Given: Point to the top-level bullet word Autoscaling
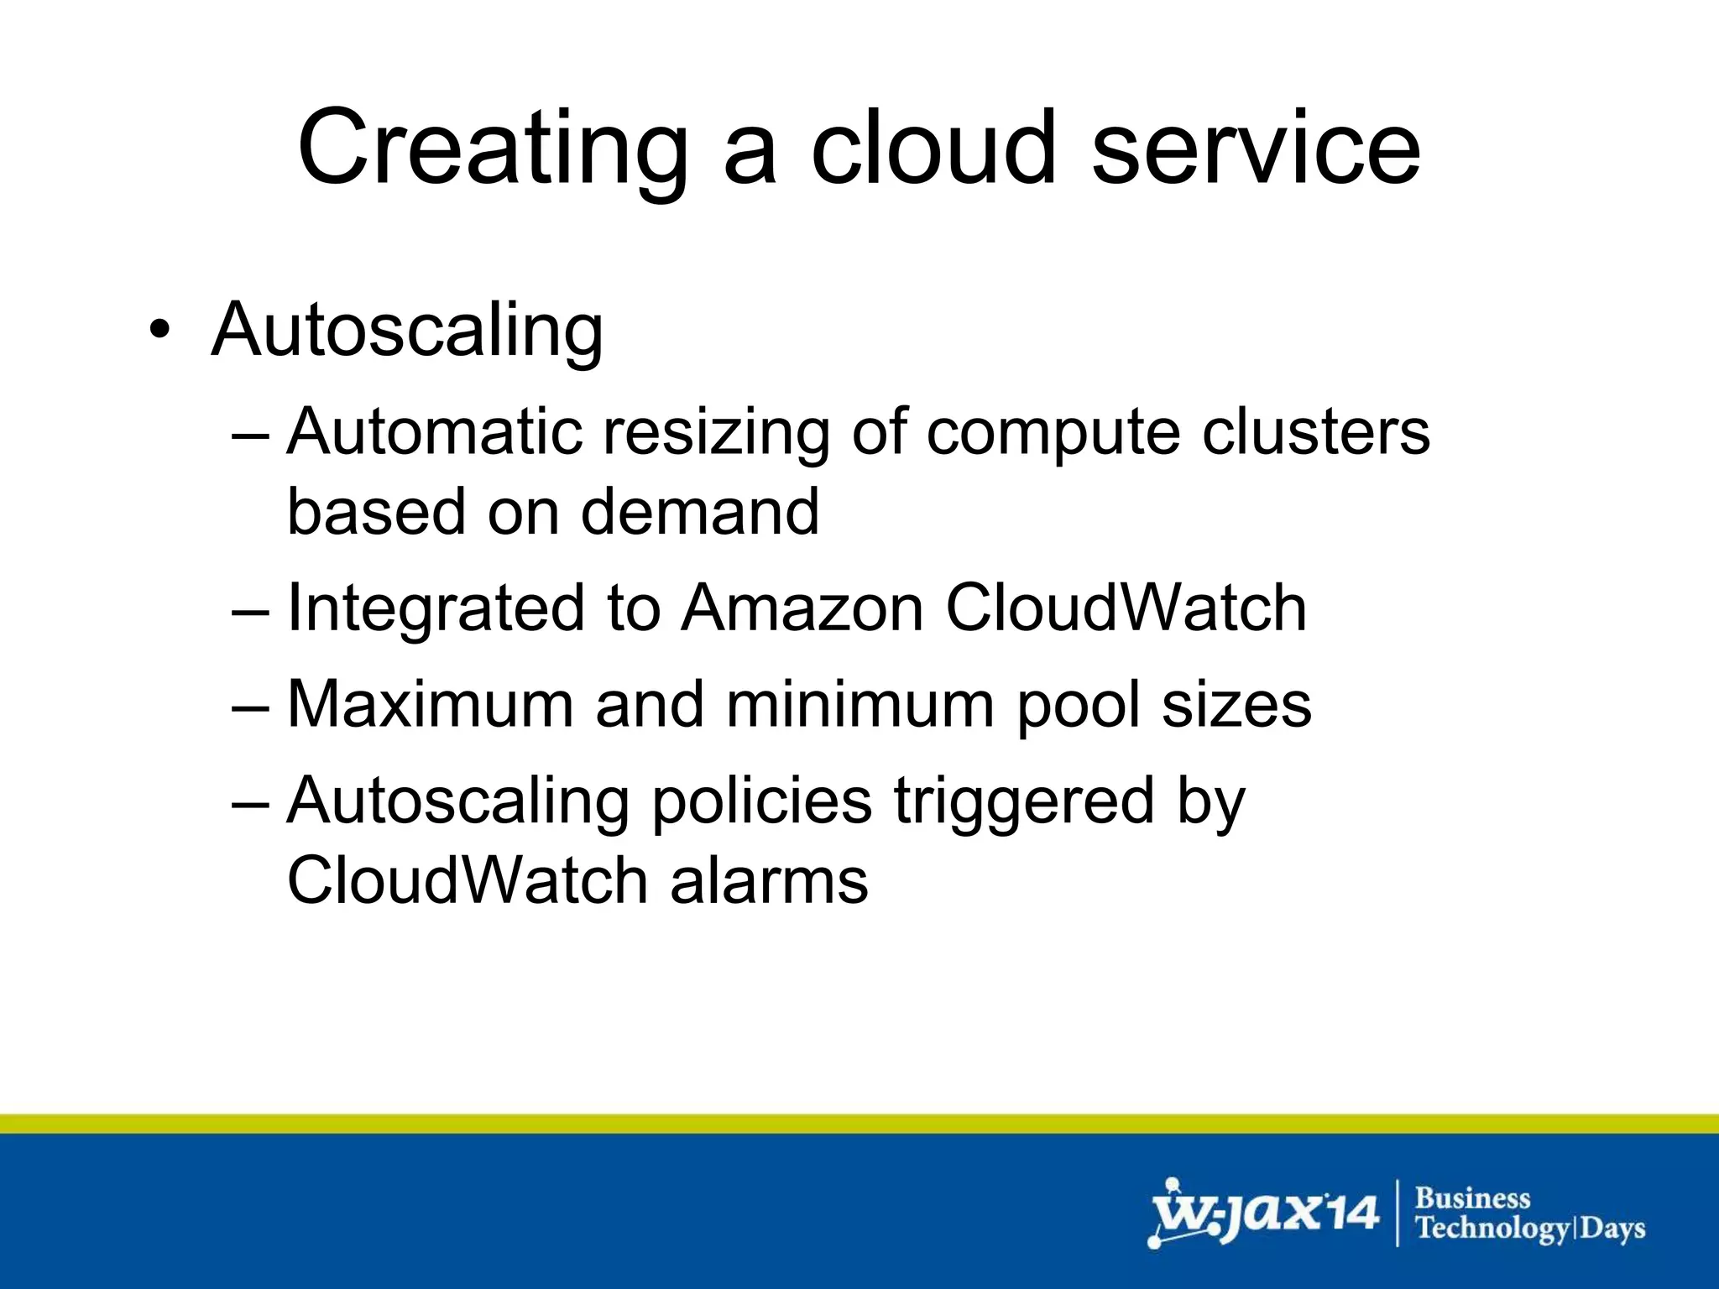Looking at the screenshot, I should [407, 330].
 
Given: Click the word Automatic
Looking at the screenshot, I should [435, 431].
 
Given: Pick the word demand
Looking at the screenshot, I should [700, 511].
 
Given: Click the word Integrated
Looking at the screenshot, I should [435, 608].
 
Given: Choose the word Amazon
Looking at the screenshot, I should [802, 608].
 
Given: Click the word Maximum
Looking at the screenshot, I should [430, 703].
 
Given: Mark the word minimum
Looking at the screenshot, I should [860, 703].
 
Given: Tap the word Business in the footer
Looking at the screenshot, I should [1472, 1198].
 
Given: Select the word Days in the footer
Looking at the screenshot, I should [1612, 1229].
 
